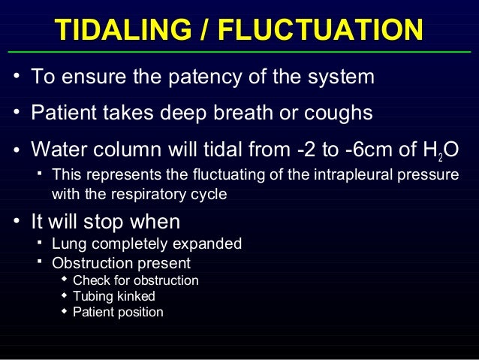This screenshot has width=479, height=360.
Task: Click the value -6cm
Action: [373, 150]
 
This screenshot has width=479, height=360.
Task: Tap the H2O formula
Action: [440, 151]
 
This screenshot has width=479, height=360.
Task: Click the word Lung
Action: [66, 244]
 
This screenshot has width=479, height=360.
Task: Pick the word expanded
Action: [212, 244]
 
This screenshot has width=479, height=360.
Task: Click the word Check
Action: [90, 280]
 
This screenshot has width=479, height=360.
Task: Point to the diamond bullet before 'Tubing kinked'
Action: [64, 295]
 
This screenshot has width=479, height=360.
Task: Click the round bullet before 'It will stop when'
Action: [16, 223]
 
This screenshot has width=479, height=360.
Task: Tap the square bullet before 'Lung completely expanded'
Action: [40, 243]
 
